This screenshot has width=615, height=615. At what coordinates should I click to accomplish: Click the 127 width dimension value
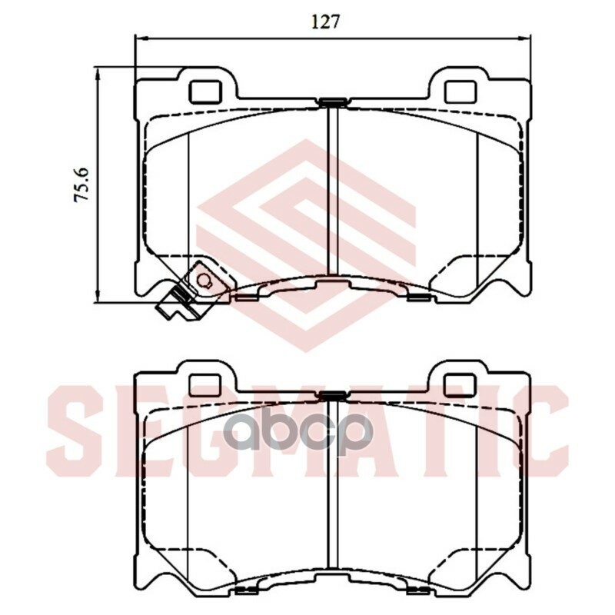324,22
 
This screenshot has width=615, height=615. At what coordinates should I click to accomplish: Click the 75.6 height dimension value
82,184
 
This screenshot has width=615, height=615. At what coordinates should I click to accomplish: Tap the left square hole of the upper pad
205,91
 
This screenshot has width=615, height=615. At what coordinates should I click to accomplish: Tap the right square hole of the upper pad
460,91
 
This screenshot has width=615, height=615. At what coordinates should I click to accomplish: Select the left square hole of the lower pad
205,385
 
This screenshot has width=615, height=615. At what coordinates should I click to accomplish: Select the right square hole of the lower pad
460,385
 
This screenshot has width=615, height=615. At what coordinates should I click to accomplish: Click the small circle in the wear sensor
204,280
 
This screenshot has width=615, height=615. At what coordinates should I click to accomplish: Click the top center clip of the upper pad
332,103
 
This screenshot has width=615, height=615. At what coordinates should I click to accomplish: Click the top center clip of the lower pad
332,396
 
